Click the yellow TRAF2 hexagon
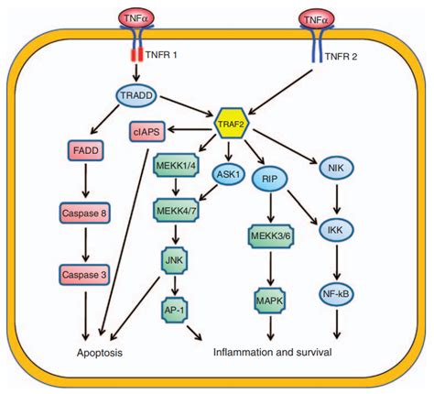[232, 123]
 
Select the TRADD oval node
[136, 95]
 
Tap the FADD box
[86, 150]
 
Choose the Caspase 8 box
[84, 213]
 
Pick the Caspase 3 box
[84, 275]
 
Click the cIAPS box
[147, 132]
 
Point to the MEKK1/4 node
[176, 165]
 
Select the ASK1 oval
[229, 174]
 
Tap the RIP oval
[269, 179]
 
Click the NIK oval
[336, 168]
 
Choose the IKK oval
[336, 230]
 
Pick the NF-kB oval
[336, 294]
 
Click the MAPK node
[270, 301]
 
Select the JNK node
[174, 260]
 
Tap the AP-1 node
[174, 310]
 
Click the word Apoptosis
[100, 353]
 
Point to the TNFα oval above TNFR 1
[136, 19]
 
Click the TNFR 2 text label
[341, 57]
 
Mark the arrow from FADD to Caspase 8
[85, 181]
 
